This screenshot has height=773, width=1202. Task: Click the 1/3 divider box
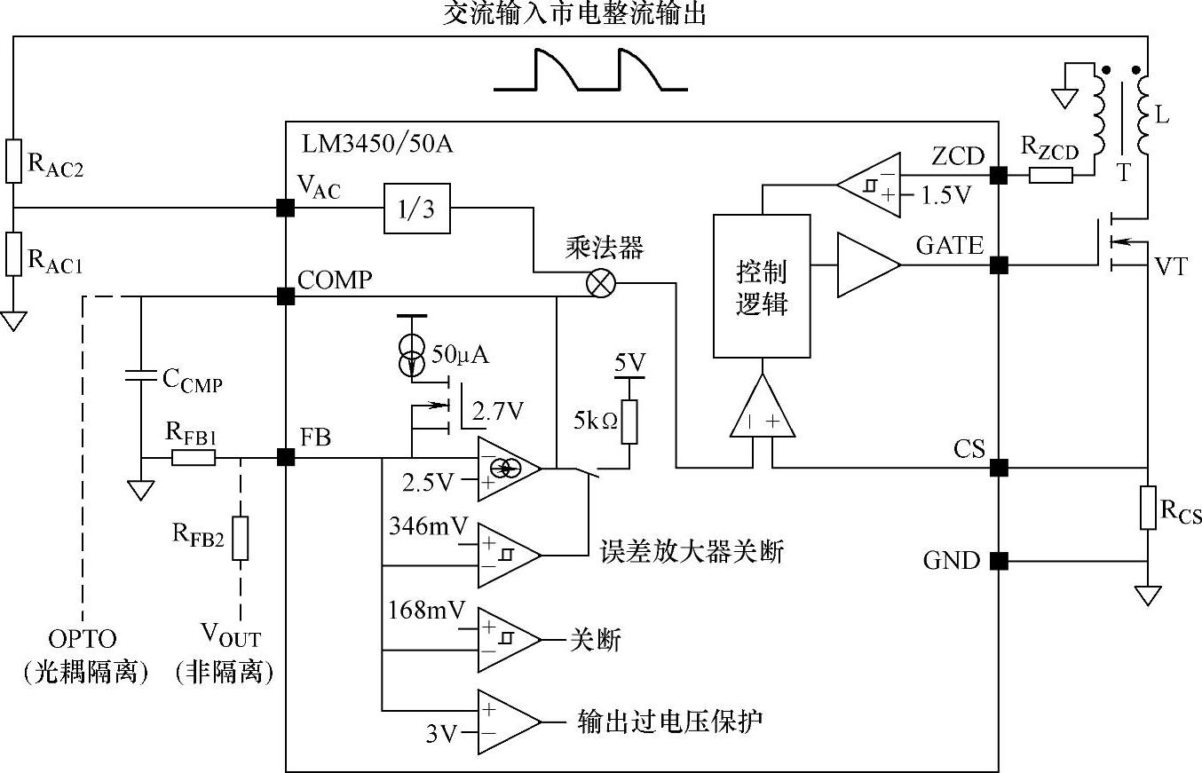[x=416, y=209]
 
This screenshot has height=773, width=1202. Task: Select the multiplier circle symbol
[x=601, y=283]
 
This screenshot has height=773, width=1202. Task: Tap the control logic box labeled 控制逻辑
[x=762, y=286]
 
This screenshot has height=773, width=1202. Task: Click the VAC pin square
[x=286, y=209]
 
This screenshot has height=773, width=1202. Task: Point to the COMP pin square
[x=286, y=296]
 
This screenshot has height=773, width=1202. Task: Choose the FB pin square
[x=286, y=458]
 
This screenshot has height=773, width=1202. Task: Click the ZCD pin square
[x=999, y=176]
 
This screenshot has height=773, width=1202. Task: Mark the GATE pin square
[x=999, y=264]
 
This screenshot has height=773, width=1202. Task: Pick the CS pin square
[x=999, y=468]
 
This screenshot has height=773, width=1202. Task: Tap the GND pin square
[x=999, y=561]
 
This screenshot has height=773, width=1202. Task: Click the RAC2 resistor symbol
[x=13, y=161]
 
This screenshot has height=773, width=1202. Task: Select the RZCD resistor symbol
[x=1051, y=176]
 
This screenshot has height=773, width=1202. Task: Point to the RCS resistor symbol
[x=1148, y=508]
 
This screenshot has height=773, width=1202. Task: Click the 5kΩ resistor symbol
[x=629, y=422]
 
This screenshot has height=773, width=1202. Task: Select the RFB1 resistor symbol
[x=194, y=458]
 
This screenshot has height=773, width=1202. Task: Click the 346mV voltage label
[x=427, y=525]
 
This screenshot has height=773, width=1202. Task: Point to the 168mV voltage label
[x=427, y=610]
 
